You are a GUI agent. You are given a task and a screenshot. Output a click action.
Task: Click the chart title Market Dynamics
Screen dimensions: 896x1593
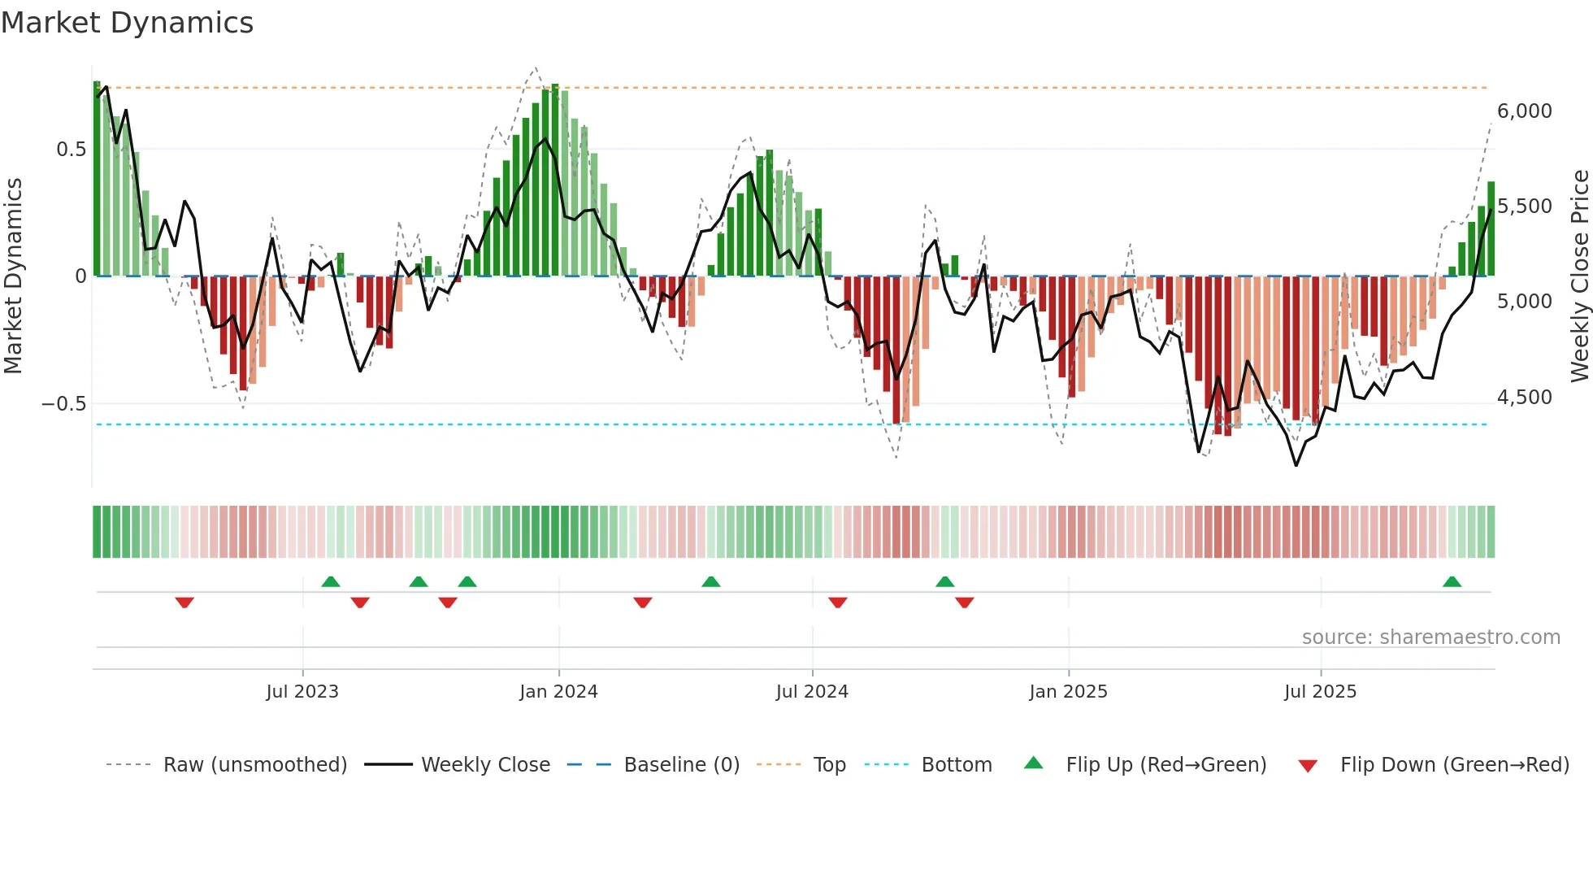tap(128, 23)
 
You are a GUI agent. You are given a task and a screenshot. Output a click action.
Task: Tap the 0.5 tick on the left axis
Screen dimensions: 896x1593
tap(71, 150)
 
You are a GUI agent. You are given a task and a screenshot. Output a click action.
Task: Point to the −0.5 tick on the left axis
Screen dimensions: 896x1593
tap(64, 404)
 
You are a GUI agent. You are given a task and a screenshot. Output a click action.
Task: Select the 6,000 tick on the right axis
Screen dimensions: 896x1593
tap(1524, 111)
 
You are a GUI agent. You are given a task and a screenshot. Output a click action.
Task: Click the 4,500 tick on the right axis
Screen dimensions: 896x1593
tap(1524, 398)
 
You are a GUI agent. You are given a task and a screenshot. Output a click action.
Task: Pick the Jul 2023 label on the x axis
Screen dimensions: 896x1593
tap(302, 692)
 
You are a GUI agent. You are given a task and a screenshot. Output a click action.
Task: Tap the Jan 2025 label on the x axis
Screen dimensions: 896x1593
tap(1068, 692)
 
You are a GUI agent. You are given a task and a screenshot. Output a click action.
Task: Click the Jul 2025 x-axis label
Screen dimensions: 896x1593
tap(1320, 692)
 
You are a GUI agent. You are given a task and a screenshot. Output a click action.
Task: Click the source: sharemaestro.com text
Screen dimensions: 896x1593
tap(1430, 637)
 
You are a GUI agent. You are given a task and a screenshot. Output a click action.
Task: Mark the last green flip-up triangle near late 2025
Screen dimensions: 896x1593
tap(1452, 581)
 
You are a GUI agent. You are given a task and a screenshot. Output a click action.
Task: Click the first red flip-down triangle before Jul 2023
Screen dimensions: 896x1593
tap(184, 602)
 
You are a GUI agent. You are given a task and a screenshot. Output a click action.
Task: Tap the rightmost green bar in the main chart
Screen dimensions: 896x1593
tap(1491, 229)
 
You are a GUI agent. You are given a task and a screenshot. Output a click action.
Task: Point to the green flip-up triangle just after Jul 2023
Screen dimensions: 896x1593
tap(330, 581)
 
